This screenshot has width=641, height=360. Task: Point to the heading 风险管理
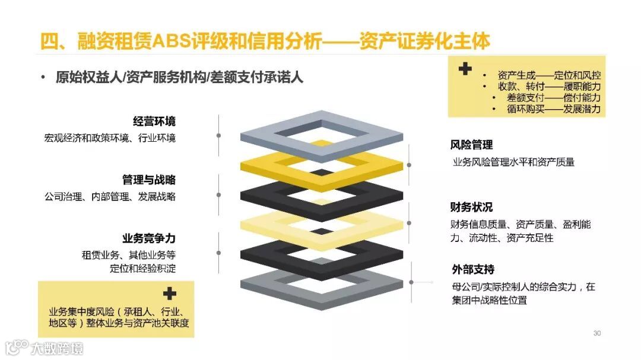(471, 145)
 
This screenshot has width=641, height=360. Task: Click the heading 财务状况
(471, 207)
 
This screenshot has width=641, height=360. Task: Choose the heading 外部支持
(472, 270)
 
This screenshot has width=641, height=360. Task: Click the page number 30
(597, 333)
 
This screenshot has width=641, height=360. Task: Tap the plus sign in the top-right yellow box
(465, 69)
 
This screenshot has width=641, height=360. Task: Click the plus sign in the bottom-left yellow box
(170, 294)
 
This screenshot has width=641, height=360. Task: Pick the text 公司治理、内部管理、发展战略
(110, 196)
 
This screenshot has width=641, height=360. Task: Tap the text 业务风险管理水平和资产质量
(513, 162)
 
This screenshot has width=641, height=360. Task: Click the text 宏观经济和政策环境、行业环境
(110, 138)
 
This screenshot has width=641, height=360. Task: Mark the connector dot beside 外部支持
(411, 283)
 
